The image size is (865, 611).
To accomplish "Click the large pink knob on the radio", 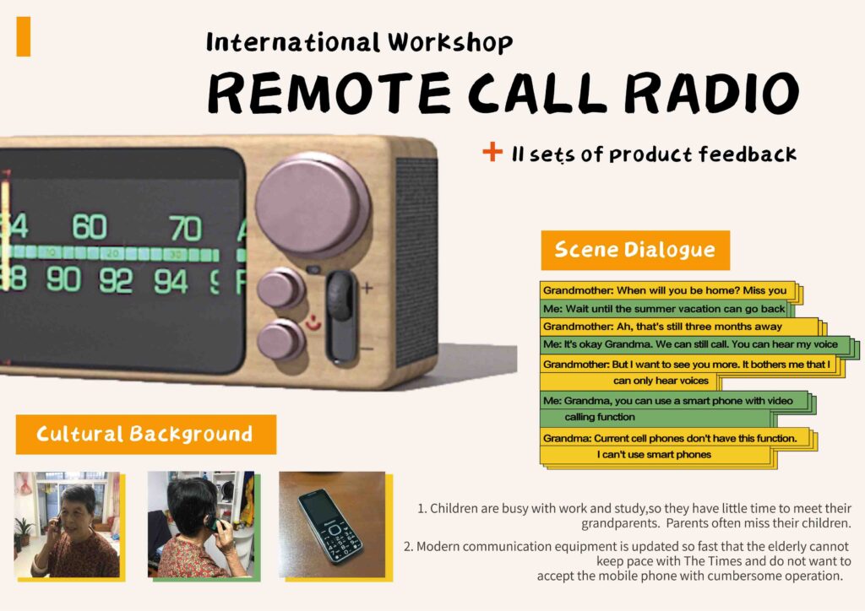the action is coord(313,206).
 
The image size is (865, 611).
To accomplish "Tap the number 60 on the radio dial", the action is coord(90,227).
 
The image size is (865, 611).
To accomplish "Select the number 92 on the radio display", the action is coord(116,280).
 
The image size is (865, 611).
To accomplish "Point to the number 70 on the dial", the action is coord(185,229).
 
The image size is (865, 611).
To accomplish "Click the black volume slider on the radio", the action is coord(341,316).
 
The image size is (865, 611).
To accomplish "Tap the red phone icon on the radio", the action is coord(313,323).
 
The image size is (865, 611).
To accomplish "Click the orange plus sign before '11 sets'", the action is coord(492,152).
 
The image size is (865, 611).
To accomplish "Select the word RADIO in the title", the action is coord(711,93).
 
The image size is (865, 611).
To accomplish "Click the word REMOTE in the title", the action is coord(329,93).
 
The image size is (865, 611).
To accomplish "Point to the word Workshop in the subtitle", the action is coord(450,42).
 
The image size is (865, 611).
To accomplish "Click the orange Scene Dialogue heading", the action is coord(635,250).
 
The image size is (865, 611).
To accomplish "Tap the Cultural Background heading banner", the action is coord(145,434).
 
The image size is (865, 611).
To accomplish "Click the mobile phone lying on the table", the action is coord(330,527).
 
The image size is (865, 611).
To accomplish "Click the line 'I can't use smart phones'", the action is coord(654,455).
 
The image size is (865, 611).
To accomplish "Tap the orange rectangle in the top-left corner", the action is coord(23,36).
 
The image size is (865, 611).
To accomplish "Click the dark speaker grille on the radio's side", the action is coord(417,259).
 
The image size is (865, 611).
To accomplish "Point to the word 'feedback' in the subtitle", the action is coord(748,154).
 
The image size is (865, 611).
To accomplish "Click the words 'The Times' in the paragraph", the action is coord(707,561).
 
